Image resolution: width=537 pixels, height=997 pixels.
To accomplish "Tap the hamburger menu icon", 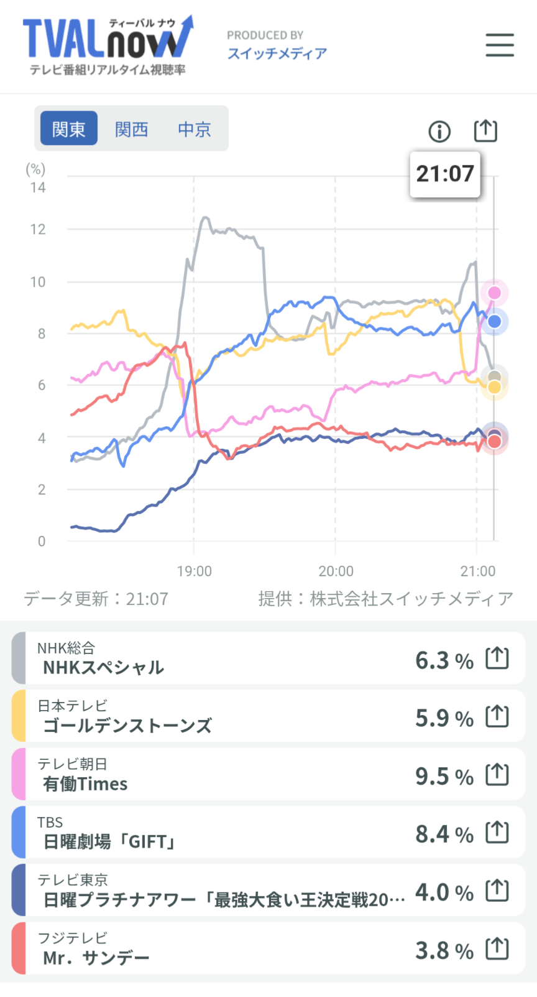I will (x=500, y=45).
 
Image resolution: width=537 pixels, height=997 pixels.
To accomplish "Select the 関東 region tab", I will (x=69, y=129).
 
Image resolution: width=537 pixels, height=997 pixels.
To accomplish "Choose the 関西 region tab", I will (x=132, y=129).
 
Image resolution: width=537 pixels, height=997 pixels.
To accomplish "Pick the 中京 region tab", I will (x=195, y=129).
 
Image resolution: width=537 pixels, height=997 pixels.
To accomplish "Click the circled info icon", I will (x=439, y=131).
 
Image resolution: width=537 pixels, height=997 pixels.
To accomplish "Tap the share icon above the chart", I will (x=485, y=131).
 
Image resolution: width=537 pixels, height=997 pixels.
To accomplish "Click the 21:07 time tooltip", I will (x=445, y=174).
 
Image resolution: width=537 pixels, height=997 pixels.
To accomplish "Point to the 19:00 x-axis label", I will (x=194, y=571).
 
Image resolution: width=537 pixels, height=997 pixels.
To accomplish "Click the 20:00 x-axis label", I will (x=336, y=571).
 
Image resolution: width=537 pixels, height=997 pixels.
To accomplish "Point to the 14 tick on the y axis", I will (x=38, y=187).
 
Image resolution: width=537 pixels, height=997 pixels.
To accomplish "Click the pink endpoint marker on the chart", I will (x=494, y=293).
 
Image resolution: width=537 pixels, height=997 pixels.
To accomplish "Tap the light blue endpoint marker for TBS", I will (x=494, y=321).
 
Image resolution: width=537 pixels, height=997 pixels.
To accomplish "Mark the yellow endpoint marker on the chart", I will (x=494, y=388).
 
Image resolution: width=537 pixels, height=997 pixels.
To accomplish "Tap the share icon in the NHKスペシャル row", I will (x=497, y=658).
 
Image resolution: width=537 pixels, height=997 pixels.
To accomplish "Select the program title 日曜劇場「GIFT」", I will (x=109, y=842).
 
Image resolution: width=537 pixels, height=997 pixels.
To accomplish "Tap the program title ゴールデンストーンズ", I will (x=127, y=726).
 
